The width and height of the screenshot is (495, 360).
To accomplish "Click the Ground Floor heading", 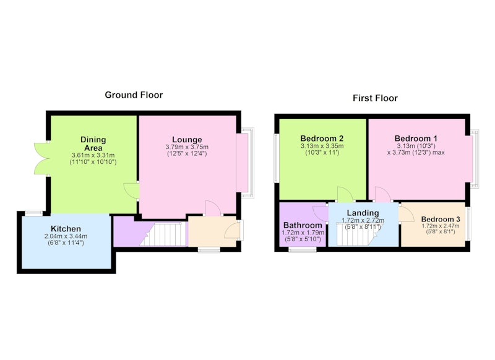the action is click(134, 95).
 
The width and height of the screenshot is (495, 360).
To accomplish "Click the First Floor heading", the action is click(375, 98).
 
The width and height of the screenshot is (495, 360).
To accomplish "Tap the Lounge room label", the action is click(187, 139).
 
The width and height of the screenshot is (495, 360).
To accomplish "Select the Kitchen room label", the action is click(66, 229).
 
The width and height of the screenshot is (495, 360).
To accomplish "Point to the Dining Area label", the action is click(93, 144).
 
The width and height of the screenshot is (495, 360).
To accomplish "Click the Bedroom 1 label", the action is click(416, 139).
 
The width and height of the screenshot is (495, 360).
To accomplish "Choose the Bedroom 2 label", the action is click(322, 139).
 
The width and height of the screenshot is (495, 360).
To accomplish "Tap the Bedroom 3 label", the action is click(441, 219).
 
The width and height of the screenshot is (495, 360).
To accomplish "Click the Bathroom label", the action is click(303, 225).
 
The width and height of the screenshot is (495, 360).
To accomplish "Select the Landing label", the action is click(363, 213).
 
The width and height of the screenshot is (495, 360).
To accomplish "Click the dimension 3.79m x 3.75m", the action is click(187, 147).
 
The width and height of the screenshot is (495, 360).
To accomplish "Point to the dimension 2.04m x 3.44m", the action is click(66, 236).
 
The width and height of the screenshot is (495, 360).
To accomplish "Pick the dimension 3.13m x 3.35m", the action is click(322, 146).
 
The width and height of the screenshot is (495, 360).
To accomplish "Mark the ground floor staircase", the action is click(162, 234).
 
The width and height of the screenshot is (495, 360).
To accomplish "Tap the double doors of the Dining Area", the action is click(41, 158).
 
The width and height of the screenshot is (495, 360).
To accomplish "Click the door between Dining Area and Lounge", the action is click(131, 191).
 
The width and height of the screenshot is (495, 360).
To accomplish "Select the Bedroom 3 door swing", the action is click(407, 214).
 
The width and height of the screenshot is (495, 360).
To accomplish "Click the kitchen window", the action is click(34, 213).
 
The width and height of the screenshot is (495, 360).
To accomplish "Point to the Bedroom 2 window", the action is click(276, 158).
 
